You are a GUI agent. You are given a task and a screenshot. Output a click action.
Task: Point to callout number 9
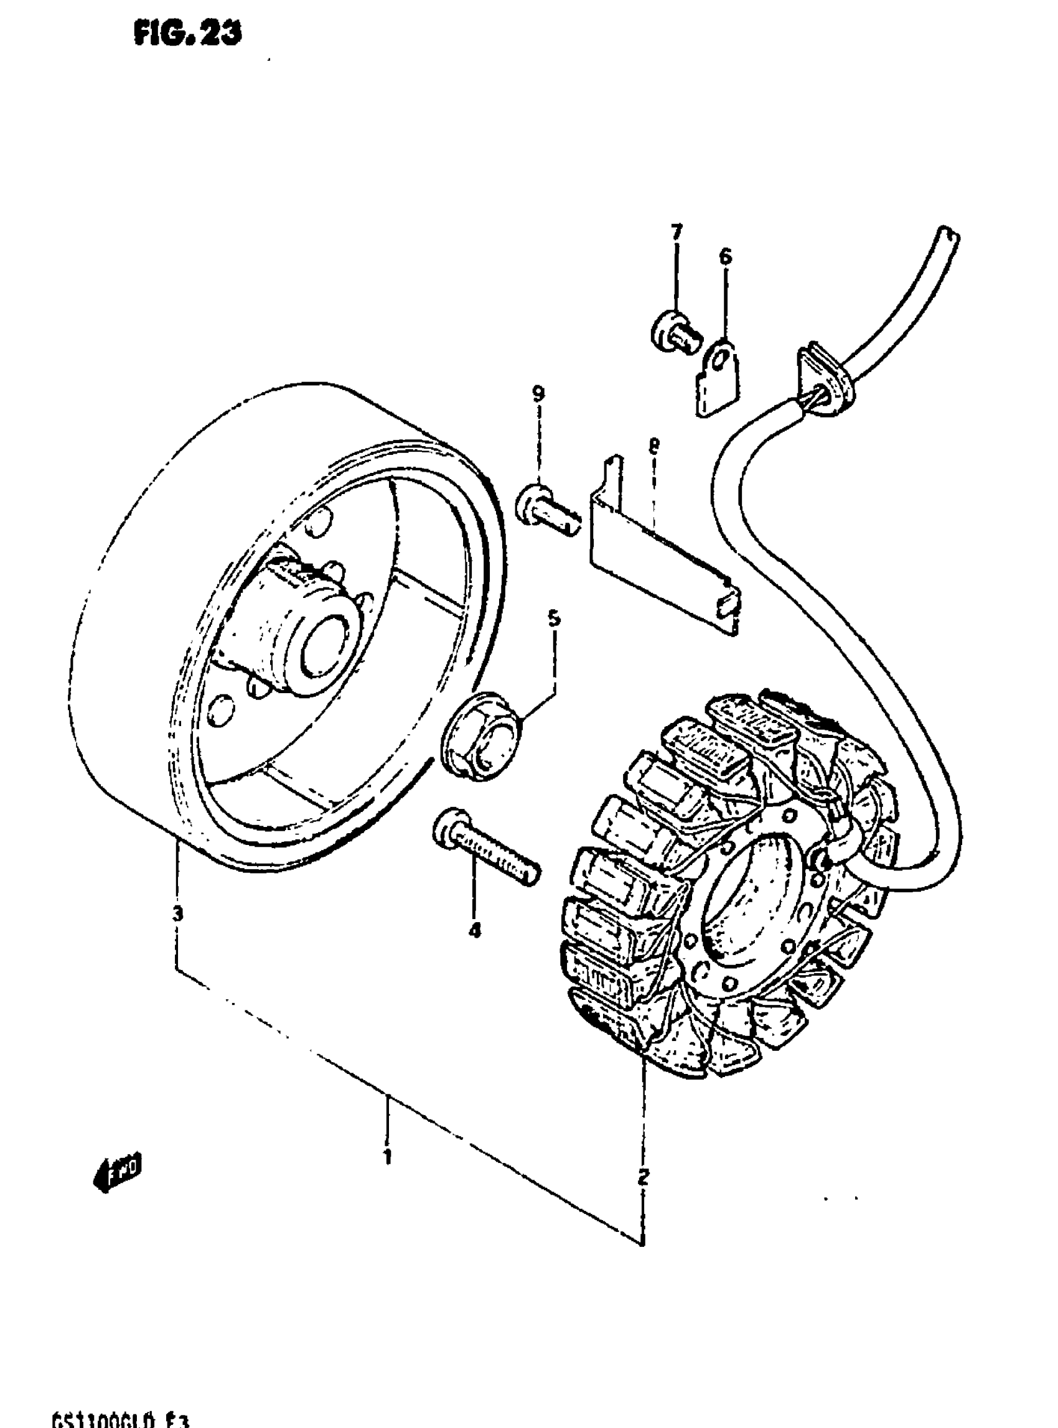(x=538, y=393)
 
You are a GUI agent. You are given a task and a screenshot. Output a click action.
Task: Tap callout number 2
(x=643, y=1177)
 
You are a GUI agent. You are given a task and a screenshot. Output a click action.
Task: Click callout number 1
(x=387, y=1157)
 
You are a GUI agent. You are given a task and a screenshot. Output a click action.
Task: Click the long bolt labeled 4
(x=487, y=847)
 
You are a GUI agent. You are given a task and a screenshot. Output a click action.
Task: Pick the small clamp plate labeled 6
(x=719, y=380)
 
